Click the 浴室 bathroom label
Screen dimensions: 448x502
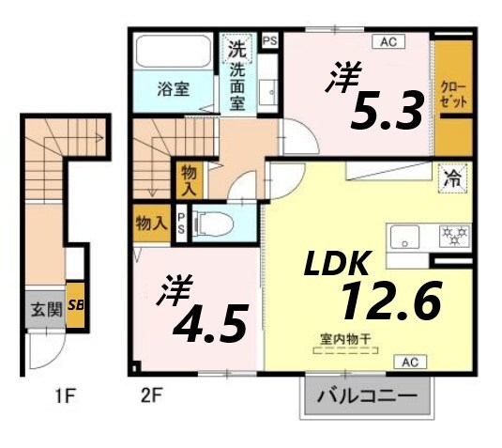click(x=173, y=90)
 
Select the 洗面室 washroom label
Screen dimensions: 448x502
click(x=238, y=76)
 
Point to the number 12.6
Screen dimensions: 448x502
click(x=389, y=301)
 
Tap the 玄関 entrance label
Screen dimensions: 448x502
click(x=42, y=307)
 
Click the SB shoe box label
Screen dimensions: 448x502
click(x=75, y=305)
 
